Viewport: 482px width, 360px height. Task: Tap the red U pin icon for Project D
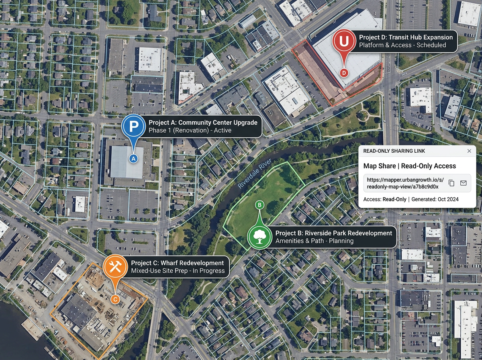pyautogui.click(x=344, y=41)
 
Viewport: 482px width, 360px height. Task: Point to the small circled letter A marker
pyautogui.click(x=134, y=159)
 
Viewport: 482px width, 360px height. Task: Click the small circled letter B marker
pyautogui.click(x=259, y=205)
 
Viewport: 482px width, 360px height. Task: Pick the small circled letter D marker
pyautogui.click(x=344, y=73)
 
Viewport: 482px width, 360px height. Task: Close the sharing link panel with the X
pyautogui.click(x=469, y=151)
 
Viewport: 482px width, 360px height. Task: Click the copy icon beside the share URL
pyautogui.click(x=451, y=183)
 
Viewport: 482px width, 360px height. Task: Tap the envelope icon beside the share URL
pyautogui.click(x=463, y=183)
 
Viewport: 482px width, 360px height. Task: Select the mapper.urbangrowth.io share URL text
pyautogui.click(x=403, y=183)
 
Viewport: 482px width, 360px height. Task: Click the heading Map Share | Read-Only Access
pyautogui.click(x=409, y=166)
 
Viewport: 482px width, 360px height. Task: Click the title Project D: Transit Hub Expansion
pyautogui.click(x=406, y=37)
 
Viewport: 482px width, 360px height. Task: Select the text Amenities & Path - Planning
pyautogui.click(x=314, y=241)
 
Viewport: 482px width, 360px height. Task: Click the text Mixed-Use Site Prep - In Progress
pyautogui.click(x=178, y=271)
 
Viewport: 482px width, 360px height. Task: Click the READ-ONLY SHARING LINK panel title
pyautogui.click(x=394, y=151)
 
